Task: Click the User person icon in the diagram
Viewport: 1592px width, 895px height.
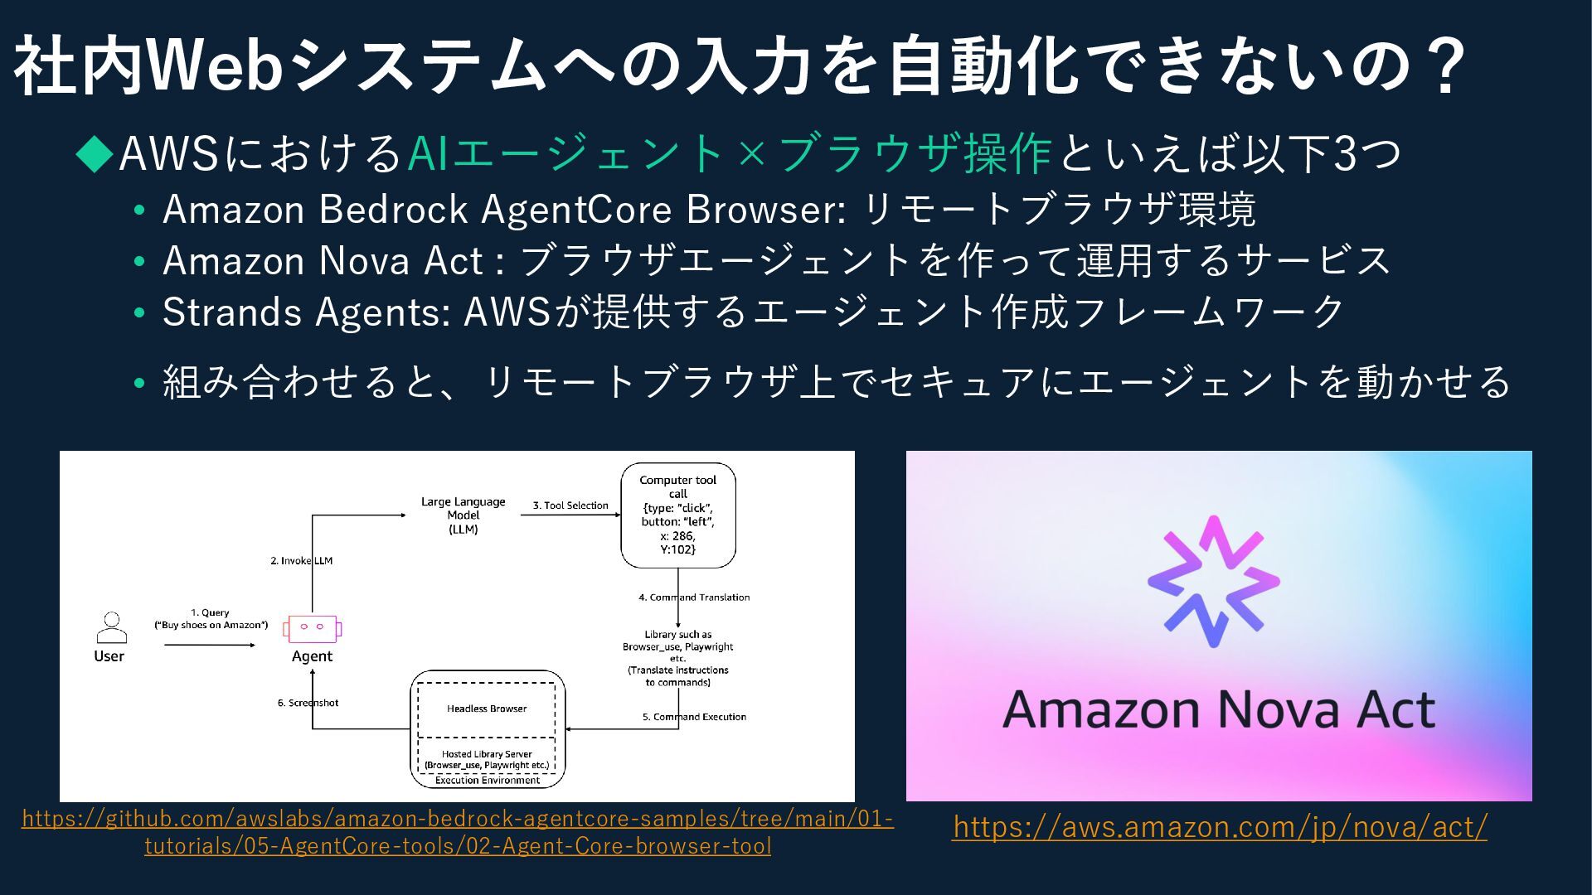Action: [110, 627]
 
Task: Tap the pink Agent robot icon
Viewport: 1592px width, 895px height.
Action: [312, 629]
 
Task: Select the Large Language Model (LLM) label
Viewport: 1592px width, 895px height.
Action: [463, 515]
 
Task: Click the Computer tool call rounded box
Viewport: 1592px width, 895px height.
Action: [678, 515]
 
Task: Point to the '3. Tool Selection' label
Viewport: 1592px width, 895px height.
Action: [570, 505]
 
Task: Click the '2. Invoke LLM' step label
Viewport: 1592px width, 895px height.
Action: [301, 560]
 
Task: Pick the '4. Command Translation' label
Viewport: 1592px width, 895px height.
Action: [694, 597]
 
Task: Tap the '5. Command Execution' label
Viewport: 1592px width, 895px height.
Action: [694, 717]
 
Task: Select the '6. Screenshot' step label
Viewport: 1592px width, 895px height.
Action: [308, 703]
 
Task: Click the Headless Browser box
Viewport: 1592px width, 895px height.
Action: [487, 709]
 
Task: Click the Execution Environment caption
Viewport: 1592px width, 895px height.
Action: [487, 780]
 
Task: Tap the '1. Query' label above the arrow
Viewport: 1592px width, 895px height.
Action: [210, 612]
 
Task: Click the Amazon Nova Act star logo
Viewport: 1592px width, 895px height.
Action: [1214, 581]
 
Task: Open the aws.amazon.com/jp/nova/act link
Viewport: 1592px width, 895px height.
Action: [1219, 826]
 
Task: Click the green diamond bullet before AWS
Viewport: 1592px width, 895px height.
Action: [95, 153]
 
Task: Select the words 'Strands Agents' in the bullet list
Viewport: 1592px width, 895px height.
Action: [303, 312]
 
